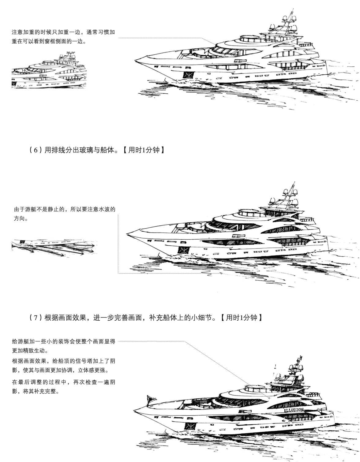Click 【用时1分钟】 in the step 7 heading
241,318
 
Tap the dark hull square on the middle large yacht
183,250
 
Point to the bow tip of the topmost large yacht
135,60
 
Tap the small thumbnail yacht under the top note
49,72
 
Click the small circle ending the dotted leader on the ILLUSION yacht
269,398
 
